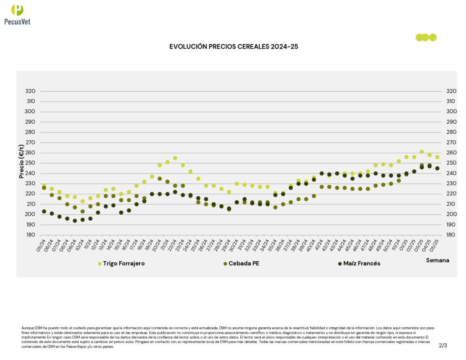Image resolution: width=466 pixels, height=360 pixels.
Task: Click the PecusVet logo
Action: point(17,14)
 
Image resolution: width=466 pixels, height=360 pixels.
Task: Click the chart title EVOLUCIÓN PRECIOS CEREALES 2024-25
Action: point(233,46)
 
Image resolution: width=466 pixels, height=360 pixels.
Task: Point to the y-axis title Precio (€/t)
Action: point(21,161)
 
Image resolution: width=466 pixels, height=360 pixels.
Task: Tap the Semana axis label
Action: point(437,260)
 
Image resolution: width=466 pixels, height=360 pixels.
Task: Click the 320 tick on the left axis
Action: point(30,91)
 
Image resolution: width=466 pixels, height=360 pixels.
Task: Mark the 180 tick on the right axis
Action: point(451,235)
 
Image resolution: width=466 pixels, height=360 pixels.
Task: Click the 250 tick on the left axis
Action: point(30,163)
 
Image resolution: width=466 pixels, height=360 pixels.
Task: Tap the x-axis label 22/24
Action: point(173,246)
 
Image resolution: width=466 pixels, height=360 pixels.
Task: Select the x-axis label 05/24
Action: point(42,246)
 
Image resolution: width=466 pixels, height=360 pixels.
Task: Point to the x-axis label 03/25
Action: point(420,246)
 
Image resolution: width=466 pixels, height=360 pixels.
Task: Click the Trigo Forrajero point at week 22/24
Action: point(175,158)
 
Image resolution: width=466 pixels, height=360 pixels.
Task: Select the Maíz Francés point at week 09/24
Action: point(75,221)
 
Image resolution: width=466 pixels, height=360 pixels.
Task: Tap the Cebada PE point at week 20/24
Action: point(160,179)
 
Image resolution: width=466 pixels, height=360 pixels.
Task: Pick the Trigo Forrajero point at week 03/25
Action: point(422,152)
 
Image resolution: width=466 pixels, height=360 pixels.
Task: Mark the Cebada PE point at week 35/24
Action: point(275,207)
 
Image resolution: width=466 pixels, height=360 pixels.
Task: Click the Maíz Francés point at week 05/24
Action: point(44,211)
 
